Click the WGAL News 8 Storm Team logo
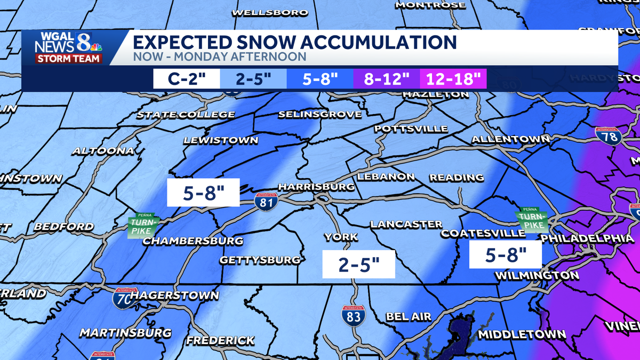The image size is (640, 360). (68, 47)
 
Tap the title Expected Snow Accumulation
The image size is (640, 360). (294, 42)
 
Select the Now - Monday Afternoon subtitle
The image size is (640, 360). (219, 57)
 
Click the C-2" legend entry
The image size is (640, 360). (187, 78)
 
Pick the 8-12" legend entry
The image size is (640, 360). (387, 78)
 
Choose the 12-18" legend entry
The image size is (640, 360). (453, 78)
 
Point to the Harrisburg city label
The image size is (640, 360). (316, 187)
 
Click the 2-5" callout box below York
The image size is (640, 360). (359, 264)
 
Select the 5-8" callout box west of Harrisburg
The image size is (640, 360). (203, 193)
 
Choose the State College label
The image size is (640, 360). (186, 115)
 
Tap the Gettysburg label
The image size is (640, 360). (260, 260)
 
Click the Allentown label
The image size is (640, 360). (510, 139)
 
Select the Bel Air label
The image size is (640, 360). (408, 317)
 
